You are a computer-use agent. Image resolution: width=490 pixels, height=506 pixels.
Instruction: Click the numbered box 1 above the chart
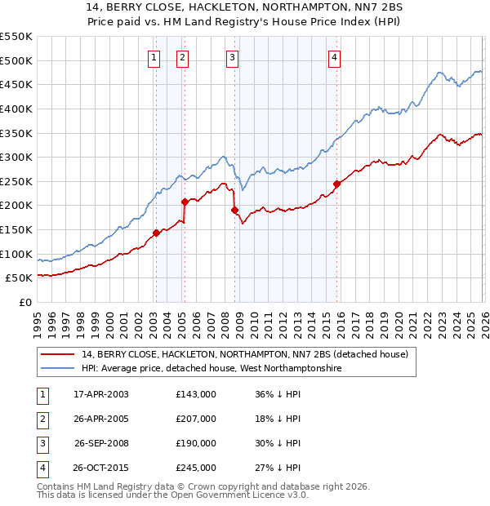tap(154, 57)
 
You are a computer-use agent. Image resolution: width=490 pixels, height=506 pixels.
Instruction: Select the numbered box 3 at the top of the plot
tap(233, 57)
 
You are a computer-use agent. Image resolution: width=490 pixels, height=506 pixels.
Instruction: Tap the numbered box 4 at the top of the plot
tap(335, 57)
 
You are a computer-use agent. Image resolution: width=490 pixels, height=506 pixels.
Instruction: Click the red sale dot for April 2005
tap(185, 202)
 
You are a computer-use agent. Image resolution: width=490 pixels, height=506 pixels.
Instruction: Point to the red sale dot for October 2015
tap(336, 184)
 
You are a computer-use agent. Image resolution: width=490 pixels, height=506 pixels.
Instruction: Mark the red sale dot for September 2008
tap(234, 210)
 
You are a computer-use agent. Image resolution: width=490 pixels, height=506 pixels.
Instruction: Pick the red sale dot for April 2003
tap(156, 233)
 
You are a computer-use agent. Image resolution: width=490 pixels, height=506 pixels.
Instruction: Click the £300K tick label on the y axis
tap(16, 157)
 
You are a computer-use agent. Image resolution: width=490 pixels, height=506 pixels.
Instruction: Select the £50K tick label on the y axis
tap(20, 278)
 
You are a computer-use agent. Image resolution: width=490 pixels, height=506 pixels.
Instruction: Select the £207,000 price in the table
tap(196, 418)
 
